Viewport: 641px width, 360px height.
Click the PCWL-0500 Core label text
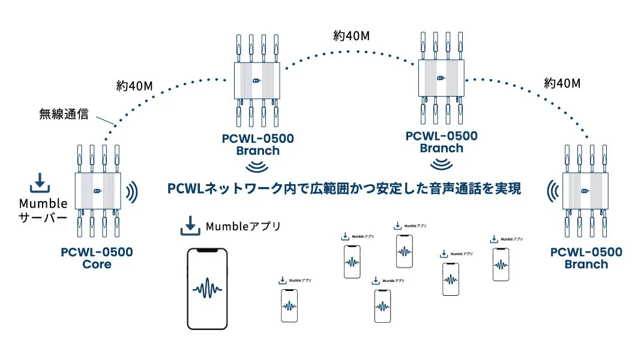97,258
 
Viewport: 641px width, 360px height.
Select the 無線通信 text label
64,113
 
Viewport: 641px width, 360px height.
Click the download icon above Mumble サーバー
38,181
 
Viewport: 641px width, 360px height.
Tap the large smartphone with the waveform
207,288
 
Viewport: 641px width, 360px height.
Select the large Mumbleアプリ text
243,226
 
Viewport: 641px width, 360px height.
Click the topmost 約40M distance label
351,35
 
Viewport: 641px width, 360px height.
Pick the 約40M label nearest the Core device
134,86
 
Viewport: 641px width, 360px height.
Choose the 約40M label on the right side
562,83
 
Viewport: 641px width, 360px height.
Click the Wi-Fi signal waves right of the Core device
131,191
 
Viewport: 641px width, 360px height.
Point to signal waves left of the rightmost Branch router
552,191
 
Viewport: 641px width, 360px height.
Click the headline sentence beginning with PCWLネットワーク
343,189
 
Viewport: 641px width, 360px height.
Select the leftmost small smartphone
289,306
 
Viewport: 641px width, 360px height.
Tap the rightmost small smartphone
501,264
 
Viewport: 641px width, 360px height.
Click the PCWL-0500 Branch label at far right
586,258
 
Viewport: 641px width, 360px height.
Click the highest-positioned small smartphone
405,251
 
